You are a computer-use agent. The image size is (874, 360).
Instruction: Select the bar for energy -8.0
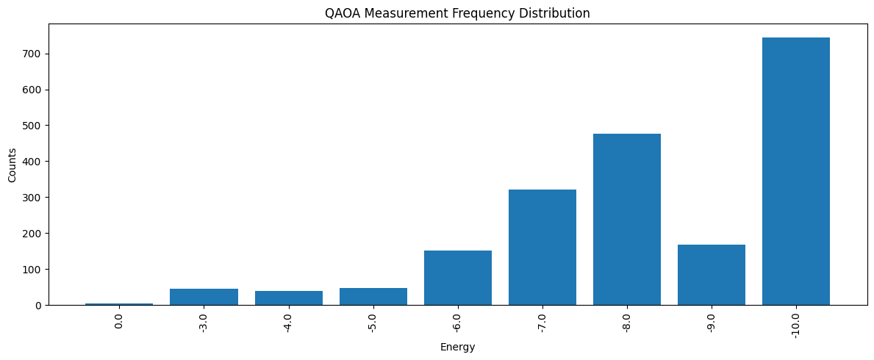(x=627, y=220)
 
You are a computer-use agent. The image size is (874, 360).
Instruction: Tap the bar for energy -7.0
(x=542, y=248)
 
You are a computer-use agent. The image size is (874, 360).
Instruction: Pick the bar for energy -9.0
(x=712, y=275)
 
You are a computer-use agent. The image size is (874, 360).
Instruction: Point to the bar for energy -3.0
(x=204, y=297)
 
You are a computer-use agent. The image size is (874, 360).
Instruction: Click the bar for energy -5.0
(x=373, y=297)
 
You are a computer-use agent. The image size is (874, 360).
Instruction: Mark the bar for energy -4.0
(x=289, y=298)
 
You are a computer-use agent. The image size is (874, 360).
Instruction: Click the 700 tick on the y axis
(x=37, y=54)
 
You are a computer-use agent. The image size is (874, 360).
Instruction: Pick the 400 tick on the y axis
(x=37, y=162)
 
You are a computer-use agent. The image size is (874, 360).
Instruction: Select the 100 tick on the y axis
(x=37, y=270)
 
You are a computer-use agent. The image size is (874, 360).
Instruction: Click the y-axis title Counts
(x=12, y=165)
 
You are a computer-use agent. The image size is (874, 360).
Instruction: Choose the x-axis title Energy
(x=457, y=348)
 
